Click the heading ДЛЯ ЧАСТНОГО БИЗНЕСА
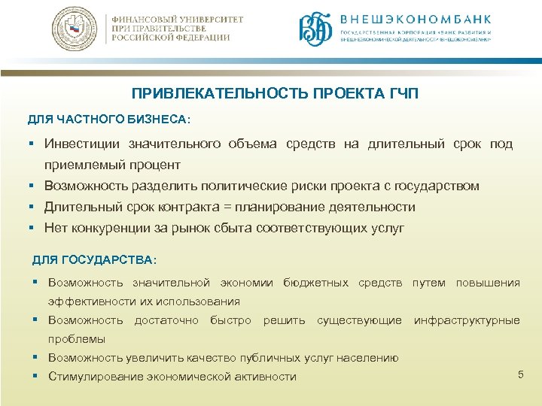(x=109, y=120)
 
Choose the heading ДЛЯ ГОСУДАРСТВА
(x=94, y=260)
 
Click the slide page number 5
(x=520, y=374)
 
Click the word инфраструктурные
(x=467, y=320)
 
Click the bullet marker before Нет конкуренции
(x=33, y=228)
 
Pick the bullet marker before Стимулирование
(x=36, y=376)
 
